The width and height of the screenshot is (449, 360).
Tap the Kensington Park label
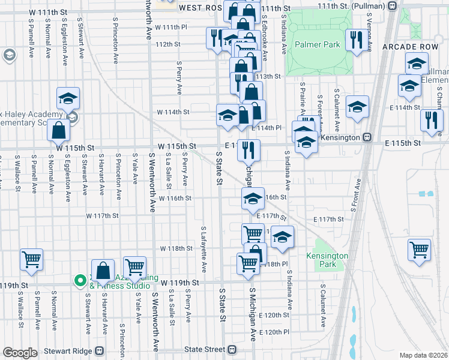[x=327, y=260]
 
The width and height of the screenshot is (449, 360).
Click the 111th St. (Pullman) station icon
[x=392, y=5]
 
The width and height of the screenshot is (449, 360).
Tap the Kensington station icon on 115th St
[x=367, y=137]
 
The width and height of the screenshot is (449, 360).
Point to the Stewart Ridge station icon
[x=100, y=350]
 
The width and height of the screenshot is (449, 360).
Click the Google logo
[x=19, y=353]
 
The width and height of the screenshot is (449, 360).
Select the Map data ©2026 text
[x=423, y=355]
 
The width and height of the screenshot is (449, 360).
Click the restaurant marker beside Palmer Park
[x=357, y=40]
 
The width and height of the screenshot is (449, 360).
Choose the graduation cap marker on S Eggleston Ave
[x=68, y=98]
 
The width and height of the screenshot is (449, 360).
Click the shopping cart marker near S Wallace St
[x=31, y=260]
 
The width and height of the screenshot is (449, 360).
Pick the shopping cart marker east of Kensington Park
[x=419, y=249]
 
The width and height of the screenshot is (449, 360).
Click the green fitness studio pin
[x=79, y=280]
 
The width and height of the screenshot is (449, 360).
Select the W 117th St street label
[x=102, y=215]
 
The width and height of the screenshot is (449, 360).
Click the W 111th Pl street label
[x=171, y=28]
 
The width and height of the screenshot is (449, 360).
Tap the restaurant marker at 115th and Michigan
[x=248, y=149]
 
